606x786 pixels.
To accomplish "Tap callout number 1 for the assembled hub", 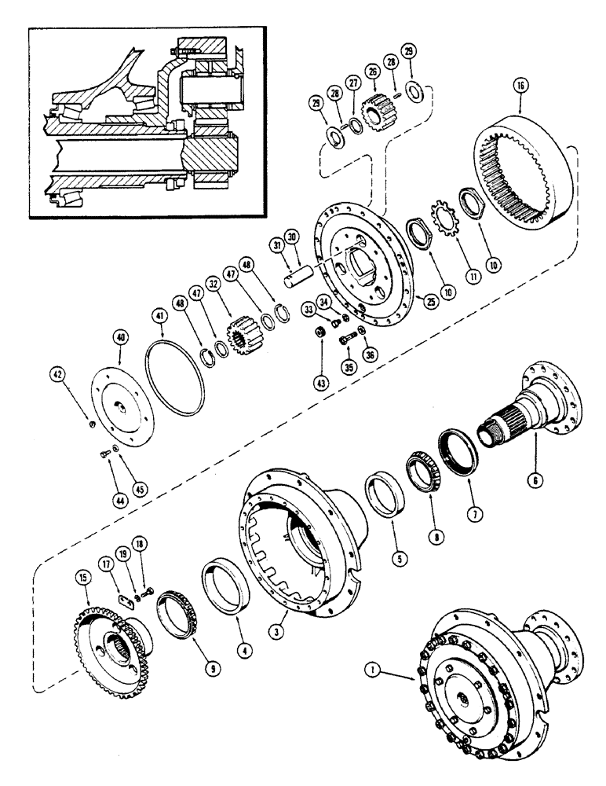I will (373, 669).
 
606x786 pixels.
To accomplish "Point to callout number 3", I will (274, 628).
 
